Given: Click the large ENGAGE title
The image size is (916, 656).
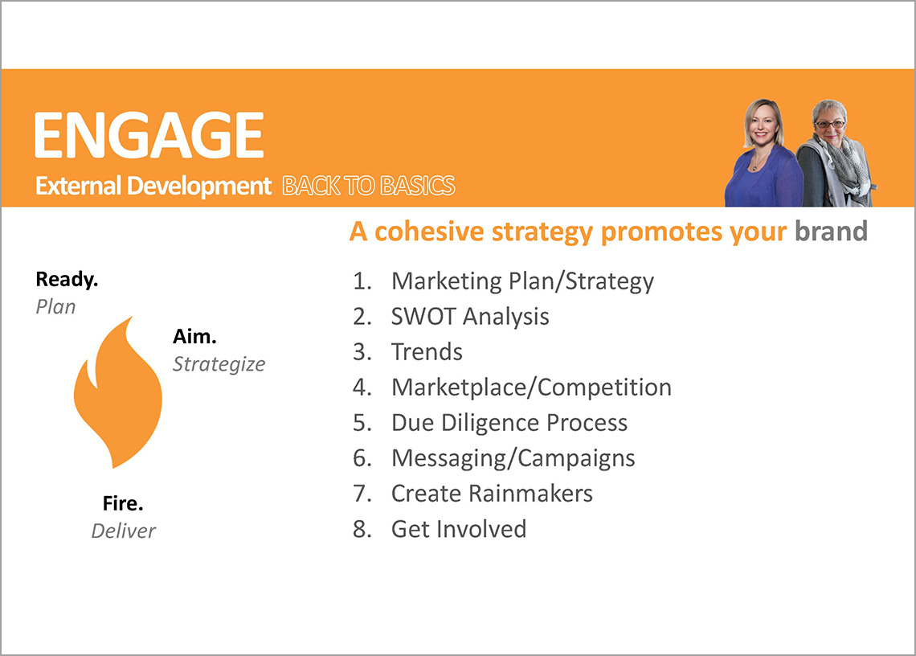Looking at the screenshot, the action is (x=149, y=135).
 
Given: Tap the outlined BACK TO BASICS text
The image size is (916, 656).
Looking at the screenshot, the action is (x=369, y=186).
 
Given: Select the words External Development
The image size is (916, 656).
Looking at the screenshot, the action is (x=153, y=186).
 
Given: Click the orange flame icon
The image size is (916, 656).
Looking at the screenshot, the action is (x=118, y=392).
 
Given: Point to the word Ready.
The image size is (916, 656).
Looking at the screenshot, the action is (x=67, y=280).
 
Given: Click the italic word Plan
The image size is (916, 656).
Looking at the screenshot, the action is (x=55, y=307).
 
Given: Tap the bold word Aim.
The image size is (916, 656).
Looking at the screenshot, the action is (x=194, y=336).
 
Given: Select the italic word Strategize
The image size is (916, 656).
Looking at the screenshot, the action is (x=219, y=364).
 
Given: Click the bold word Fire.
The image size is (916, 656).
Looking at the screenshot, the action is (x=123, y=503).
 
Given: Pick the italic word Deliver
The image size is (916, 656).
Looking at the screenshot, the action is (x=123, y=531).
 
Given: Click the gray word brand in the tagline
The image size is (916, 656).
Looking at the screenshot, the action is (x=831, y=231).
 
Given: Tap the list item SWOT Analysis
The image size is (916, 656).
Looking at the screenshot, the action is (x=470, y=316).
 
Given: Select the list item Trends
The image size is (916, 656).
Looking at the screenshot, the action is (x=427, y=352).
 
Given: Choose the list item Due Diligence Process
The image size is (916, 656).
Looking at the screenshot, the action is (x=509, y=424).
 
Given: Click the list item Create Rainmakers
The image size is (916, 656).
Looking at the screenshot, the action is (x=492, y=494).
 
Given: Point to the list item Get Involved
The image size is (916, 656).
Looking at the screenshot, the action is (x=459, y=529).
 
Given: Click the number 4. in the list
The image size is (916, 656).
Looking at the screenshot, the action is (x=362, y=387).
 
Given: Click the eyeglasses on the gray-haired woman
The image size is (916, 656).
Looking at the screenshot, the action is (x=830, y=124).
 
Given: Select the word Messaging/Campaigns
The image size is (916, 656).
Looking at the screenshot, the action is (x=513, y=458).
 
